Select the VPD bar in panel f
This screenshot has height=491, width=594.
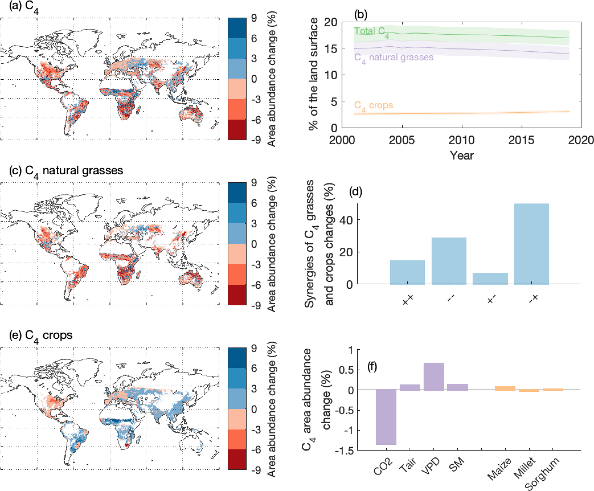(434, 376)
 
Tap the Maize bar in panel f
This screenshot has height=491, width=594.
(505, 388)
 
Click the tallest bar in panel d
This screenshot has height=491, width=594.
(531, 244)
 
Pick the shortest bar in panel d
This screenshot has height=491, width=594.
(490, 278)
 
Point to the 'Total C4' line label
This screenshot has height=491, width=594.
(371, 31)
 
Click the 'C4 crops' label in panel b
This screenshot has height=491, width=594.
(373, 105)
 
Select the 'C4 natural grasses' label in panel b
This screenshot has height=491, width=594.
(394, 57)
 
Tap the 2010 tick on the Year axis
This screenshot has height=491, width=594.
(461, 140)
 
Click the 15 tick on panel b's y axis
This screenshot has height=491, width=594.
(330, 49)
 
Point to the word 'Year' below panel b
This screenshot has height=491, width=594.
(461, 155)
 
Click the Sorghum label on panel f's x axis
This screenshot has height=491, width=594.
(542, 474)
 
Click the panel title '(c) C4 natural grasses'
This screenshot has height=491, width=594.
(66, 171)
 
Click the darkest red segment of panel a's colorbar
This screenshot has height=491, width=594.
(237, 130)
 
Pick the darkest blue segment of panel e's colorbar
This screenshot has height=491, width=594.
(237, 358)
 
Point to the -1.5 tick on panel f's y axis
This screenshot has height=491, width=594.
(345, 451)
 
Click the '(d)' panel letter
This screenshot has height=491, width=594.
(356, 192)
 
